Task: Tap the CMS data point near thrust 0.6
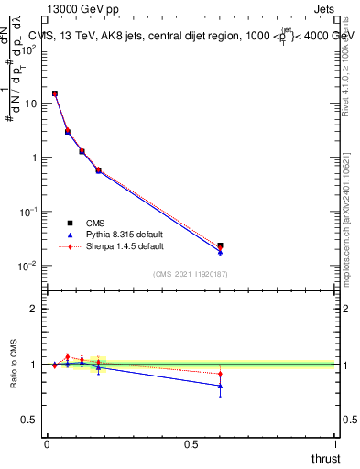(x=220, y=245)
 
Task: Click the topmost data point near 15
(x=55, y=93)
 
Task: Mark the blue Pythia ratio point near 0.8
(x=220, y=386)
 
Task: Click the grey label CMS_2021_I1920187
(x=191, y=274)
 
